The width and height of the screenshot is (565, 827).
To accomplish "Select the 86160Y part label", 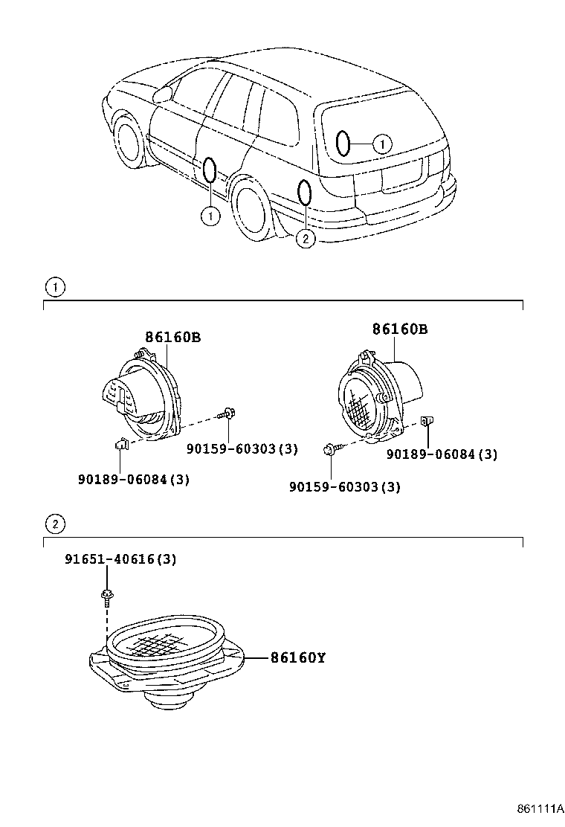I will pos(297,658).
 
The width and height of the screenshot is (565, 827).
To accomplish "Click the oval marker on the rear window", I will pos(343,143).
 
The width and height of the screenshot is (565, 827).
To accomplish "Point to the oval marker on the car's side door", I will pos(210,170).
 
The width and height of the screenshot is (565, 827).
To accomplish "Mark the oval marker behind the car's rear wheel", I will pos(304,193).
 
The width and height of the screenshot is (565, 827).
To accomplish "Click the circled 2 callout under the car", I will pos(305,238).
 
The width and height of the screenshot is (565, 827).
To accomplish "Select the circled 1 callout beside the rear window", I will pos(381,144).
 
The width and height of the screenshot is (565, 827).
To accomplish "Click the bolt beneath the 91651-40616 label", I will pos(107,594).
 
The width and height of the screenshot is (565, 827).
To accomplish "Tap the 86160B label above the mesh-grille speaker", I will pos(400,329).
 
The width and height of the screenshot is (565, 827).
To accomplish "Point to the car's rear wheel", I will pos(254,208).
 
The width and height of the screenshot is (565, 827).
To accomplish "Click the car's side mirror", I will pos(161,94).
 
